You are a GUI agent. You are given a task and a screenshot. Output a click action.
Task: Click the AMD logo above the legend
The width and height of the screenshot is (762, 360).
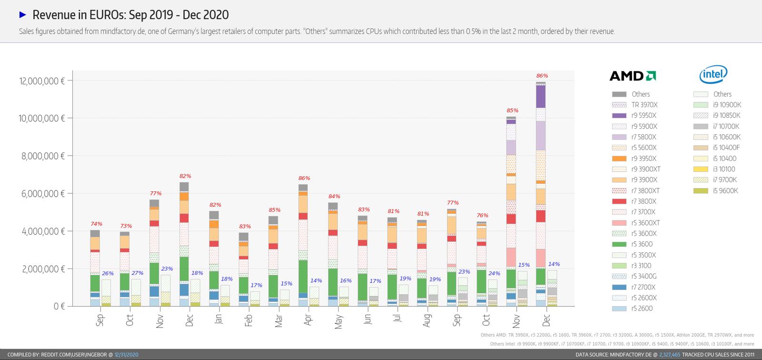[x=632, y=76]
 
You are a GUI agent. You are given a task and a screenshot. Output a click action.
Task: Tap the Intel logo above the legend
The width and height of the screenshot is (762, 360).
[x=713, y=74]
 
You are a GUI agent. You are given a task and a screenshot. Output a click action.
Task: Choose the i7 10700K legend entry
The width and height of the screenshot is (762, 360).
[x=726, y=126]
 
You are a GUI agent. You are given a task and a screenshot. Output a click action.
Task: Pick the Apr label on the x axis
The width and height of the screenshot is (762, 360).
[x=308, y=320]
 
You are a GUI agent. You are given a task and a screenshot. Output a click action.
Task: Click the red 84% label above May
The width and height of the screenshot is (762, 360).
[x=334, y=197]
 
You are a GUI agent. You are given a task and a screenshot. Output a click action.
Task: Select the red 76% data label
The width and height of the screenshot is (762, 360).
[x=482, y=215]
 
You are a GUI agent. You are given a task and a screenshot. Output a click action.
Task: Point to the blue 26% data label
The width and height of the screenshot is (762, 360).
[x=108, y=274]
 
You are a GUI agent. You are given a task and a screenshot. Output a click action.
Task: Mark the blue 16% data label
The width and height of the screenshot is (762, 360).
[x=346, y=281]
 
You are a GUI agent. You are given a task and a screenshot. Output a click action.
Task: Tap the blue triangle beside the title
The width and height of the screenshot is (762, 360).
[x=22, y=15]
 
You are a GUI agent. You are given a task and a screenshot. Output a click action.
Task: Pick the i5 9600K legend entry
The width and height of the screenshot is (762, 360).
[x=726, y=191]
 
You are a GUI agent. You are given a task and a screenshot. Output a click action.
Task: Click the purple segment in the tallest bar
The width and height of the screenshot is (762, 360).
[x=541, y=97]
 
